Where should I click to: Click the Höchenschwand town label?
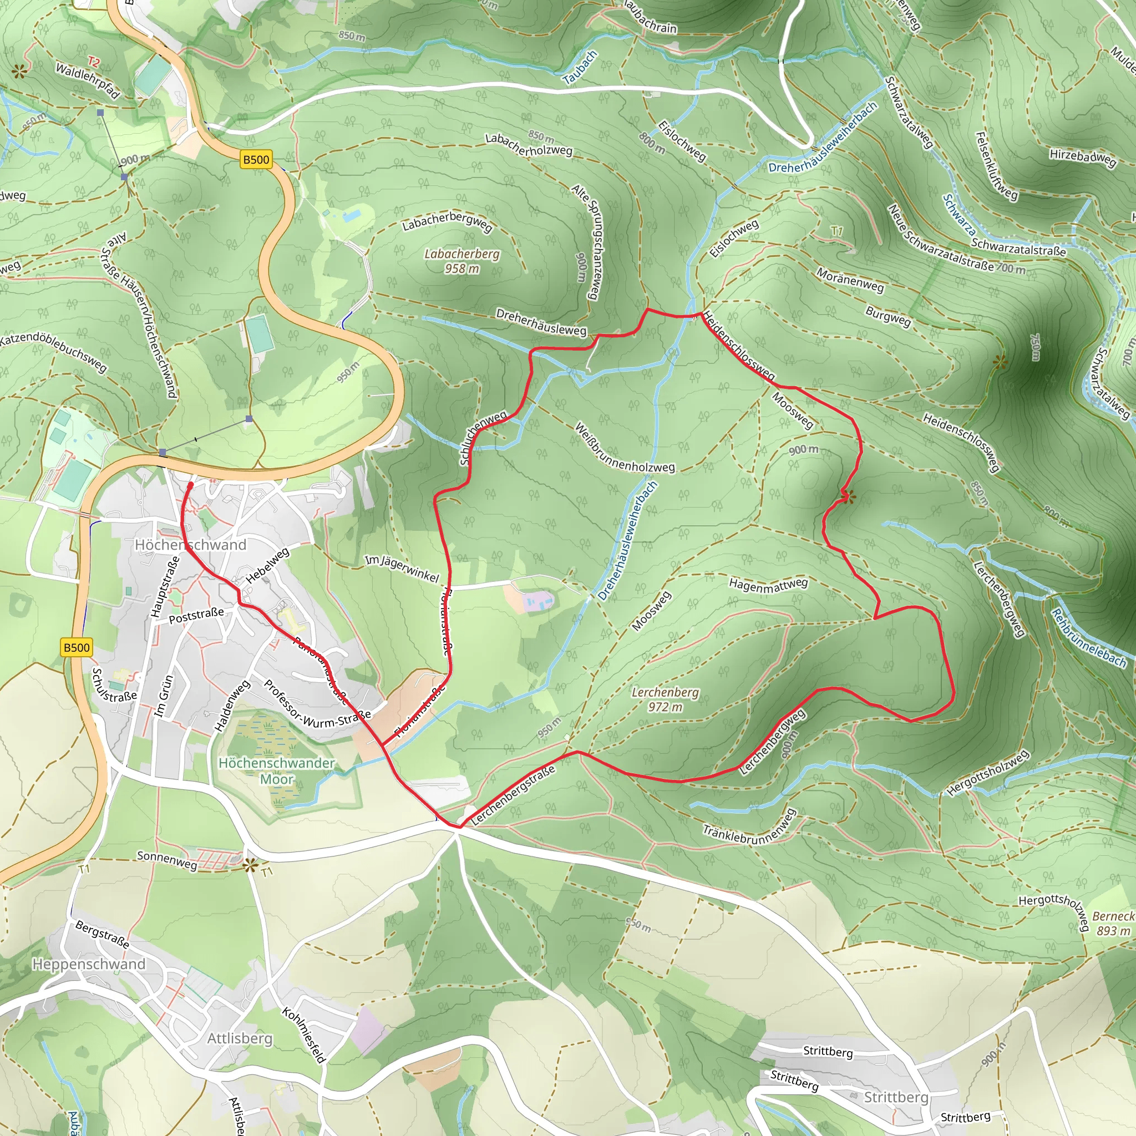pos(190,545)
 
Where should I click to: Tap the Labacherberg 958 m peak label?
pos(461,261)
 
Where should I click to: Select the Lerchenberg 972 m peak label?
pos(665,699)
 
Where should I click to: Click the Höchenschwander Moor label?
pos(276,771)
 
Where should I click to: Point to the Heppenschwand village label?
pos(89,963)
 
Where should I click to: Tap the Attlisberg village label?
pos(240,1038)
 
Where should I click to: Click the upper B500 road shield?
pos(256,159)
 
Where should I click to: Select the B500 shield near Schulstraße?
pos(77,647)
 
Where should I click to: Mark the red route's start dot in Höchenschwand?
pos(190,485)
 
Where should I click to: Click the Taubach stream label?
pos(580,67)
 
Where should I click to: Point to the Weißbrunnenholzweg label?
pos(625,448)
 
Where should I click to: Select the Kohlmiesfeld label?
pos(303,1035)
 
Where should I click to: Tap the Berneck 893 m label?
pos(1113,923)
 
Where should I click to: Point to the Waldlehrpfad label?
pos(88,80)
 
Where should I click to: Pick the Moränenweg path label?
pos(850,280)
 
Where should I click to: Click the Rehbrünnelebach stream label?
pos(1088,638)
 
